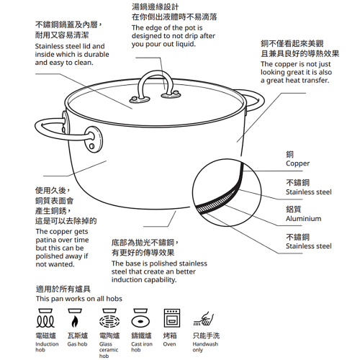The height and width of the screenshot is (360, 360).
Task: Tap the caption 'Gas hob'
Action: coord(77,344)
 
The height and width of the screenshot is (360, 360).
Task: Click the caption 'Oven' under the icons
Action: coord(169,344)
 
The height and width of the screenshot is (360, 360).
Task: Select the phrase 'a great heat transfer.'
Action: coord(294,81)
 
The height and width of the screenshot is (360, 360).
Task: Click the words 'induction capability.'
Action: coord(144,280)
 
